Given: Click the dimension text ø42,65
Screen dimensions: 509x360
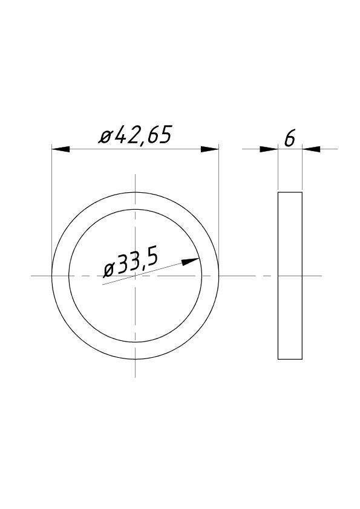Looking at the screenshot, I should point(136,135).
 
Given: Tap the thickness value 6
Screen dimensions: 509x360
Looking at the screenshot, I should point(289,139).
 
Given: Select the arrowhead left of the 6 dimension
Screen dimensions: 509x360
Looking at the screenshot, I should point(269,149).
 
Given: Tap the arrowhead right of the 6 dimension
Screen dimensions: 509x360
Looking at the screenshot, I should point(311,149).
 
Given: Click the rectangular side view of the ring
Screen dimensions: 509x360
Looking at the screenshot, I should point(290,276).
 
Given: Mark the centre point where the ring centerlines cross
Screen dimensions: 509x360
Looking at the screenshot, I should point(135,276).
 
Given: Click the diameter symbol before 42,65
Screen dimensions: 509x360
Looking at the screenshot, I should point(106,138).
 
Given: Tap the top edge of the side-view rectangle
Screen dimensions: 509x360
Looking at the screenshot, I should point(290,192).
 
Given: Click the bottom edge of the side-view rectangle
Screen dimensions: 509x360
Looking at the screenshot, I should point(290,359).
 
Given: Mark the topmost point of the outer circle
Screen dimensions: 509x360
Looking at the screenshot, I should point(135,192).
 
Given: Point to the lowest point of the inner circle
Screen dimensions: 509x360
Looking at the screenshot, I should point(135,342).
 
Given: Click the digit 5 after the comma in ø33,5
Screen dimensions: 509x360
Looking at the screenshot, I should point(152,258).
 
